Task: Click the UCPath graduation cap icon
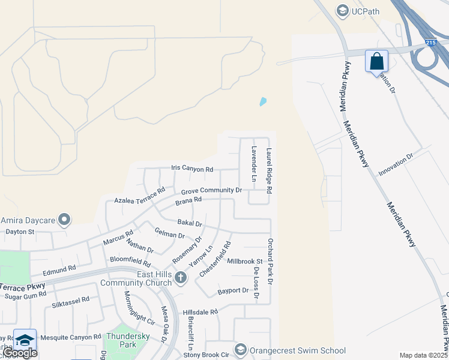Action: pyautogui.click(x=342, y=10)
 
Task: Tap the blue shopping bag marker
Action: pyautogui.click(x=376, y=61)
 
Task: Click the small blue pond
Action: pyautogui.click(x=262, y=102)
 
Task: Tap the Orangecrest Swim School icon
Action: pyautogui.click(x=241, y=350)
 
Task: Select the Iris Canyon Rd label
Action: pyautogui.click(x=192, y=169)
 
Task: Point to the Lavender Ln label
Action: pyautogui.click(x=254, y=164)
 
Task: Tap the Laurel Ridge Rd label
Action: pyautogui.click(x=270, y=171)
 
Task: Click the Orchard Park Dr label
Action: pyautogui.click(x=270, y=261)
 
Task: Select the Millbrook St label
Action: pyautogui.click(x=245, y=262)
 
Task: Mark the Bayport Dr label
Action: pyautogui.click(x=234, y=290)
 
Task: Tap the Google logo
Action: pyautogui.click(x=19, y=353)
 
